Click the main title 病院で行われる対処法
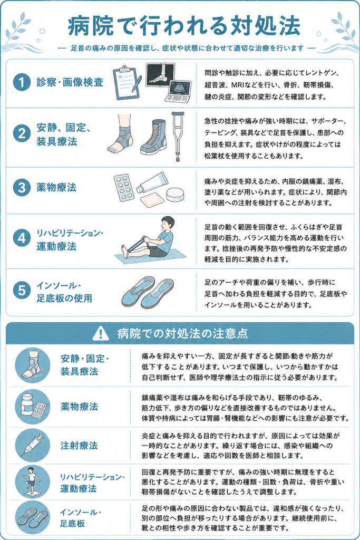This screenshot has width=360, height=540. click(x=184, y=26)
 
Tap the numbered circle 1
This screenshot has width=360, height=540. click(x=22, y=82)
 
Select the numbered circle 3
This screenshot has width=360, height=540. click(x=22, y=188)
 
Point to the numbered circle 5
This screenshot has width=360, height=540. click(x=22, y=290)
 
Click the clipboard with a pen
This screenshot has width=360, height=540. click(x=128, y=83)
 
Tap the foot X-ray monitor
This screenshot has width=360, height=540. click(x=160, y=74)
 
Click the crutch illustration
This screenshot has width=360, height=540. click(x=178, y=136)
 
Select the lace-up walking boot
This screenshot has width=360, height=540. click(x=153, y=137)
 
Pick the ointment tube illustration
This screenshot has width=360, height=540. click(x=152, y=183)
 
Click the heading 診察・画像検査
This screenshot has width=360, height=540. click(x=70, y=82)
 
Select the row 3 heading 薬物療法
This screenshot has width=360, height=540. click(x=56, y=188)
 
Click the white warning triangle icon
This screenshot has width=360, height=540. click(x=101, y=333)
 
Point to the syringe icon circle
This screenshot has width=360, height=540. click(x=32, y=445)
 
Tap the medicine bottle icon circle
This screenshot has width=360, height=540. click(x=32, y=407)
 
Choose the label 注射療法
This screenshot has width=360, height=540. click(x=79, y=446)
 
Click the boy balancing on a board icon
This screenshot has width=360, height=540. click(x=32, y=482)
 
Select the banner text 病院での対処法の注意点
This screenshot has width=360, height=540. click(x=182, y=333)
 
